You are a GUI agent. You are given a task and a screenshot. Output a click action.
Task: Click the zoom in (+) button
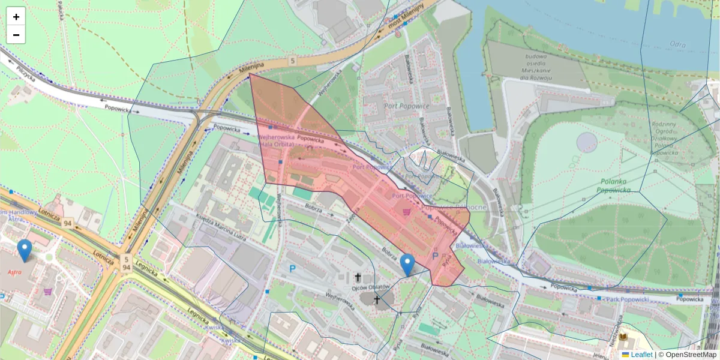click(16, 17)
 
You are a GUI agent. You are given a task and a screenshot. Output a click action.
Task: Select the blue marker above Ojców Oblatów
click(407, 265)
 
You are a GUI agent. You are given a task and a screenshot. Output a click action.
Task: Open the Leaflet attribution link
click(641, 355)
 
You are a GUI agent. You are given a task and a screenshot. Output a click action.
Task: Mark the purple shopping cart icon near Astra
click(47, 292)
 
